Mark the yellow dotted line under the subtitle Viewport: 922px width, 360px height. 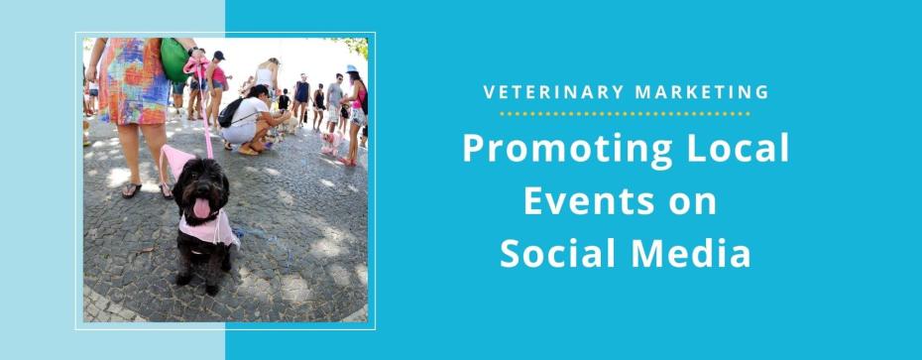[x=625, y=113]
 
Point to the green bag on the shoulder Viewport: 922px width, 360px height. [x=174, y=59]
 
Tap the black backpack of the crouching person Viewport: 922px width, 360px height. [x=231, y=112]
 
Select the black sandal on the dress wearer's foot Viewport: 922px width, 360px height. [x=131, y=189]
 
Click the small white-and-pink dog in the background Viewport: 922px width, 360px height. [x=330, y=142]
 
